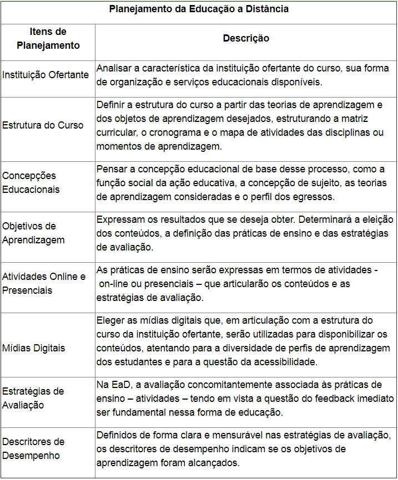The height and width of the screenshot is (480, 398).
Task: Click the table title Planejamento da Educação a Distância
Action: (x=199, y=9)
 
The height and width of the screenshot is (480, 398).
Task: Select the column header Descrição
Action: (x=246, y=38)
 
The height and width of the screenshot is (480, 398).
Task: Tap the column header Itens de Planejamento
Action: (x=48, y=39)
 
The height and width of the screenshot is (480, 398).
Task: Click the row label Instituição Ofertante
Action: (x=46, y=75)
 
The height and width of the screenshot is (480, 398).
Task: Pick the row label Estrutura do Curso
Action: (x=43, y=125)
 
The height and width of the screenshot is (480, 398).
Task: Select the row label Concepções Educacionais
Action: (x=31, y=182)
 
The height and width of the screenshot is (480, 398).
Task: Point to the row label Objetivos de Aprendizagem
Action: (x=33, y=233)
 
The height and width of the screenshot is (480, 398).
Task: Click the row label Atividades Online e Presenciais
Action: (x=44, y=283)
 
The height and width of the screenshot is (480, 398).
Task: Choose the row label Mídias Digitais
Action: (x=33, y=348)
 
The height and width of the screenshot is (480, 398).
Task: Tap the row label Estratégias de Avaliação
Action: (x=33, y=398)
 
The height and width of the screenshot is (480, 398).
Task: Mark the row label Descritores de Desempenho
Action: (x=33, y=448)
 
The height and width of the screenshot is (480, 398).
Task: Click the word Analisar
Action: (x=117, y=68)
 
